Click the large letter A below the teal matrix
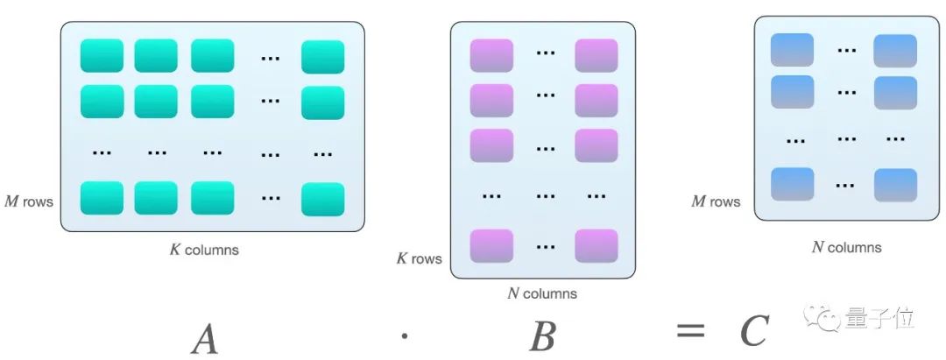pyautogui.click(x=204, y=336)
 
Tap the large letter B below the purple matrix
pyautogui.click(x=542, y=335)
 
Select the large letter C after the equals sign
pyautogui.click(x=753, y=331)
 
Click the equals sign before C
pyautogui.click(x=690, y=331)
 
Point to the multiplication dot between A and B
pyautogui.click(x=403, y=335)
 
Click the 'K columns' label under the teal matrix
pyautogui.click(x=204, y=250)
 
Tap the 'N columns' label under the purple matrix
pyautogui.click(x=542, y=293)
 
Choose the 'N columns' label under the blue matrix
pyautogui.click(x=846, y=247)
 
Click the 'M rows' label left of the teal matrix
pyautogui.click(x=27, y=202)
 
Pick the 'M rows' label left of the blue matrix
pyautogui.click(x=716, y=202)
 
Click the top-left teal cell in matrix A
pyautogui.click(x=102, y=56)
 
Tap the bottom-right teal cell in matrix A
pyautogui.click(x=322, y=199)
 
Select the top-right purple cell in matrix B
pyautogui.click(x=597, y=55)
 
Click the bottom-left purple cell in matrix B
pyautogui.click(x=491, y=245)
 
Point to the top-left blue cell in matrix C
pyautogui.click(x=792, y=50)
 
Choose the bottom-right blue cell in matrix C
pyautogui.click(x=895, y=185)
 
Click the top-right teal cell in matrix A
pyautogui.click(x=322, y=57)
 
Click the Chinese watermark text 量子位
pyautogui.click(x=880, y=318)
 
